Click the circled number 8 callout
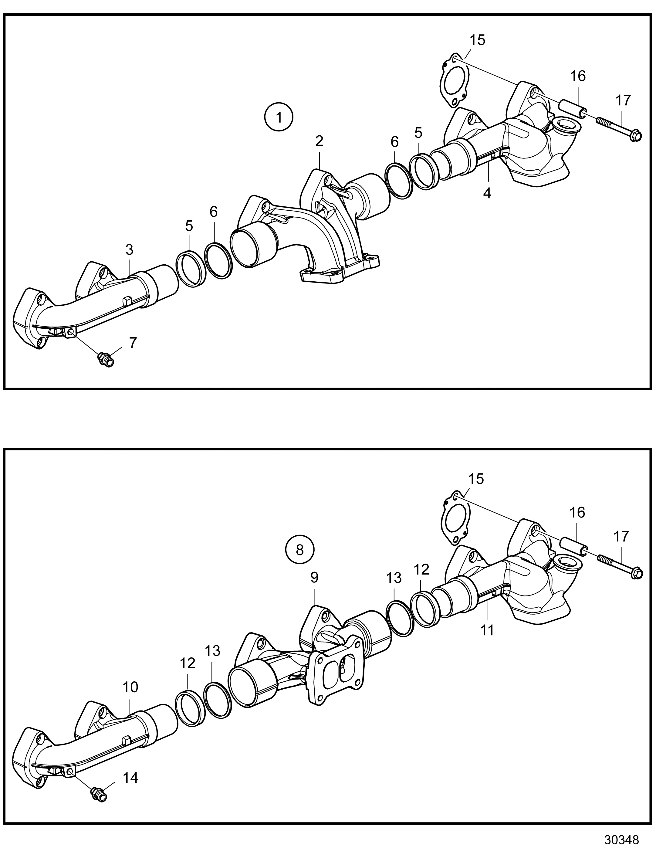pos(300,550)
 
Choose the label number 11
pos(488,630)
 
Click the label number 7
pos(133,343)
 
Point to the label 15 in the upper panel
pos(477,40)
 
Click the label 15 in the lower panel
pos(476,479)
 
